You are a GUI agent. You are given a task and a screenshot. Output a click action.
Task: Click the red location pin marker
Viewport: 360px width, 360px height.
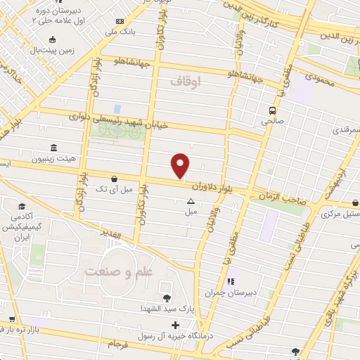181,165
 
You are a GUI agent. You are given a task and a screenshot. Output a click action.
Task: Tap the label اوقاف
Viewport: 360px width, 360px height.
186,82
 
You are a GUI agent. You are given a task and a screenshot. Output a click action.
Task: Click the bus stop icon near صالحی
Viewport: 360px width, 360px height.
271,110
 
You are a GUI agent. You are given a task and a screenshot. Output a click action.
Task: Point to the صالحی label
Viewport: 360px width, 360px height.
271,121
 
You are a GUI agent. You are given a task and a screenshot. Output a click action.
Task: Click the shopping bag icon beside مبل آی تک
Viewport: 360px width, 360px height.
114,179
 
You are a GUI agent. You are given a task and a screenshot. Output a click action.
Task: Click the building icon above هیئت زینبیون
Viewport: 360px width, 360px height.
54,148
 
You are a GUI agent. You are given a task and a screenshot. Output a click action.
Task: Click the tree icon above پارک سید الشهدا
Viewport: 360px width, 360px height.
167,299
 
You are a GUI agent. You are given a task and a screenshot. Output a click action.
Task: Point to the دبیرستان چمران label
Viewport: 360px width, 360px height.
229,292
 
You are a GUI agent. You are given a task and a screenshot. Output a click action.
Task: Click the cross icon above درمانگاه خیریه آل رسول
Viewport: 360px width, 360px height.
175,326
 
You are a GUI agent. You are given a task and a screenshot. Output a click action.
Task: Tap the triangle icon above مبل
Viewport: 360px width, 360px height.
191,202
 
